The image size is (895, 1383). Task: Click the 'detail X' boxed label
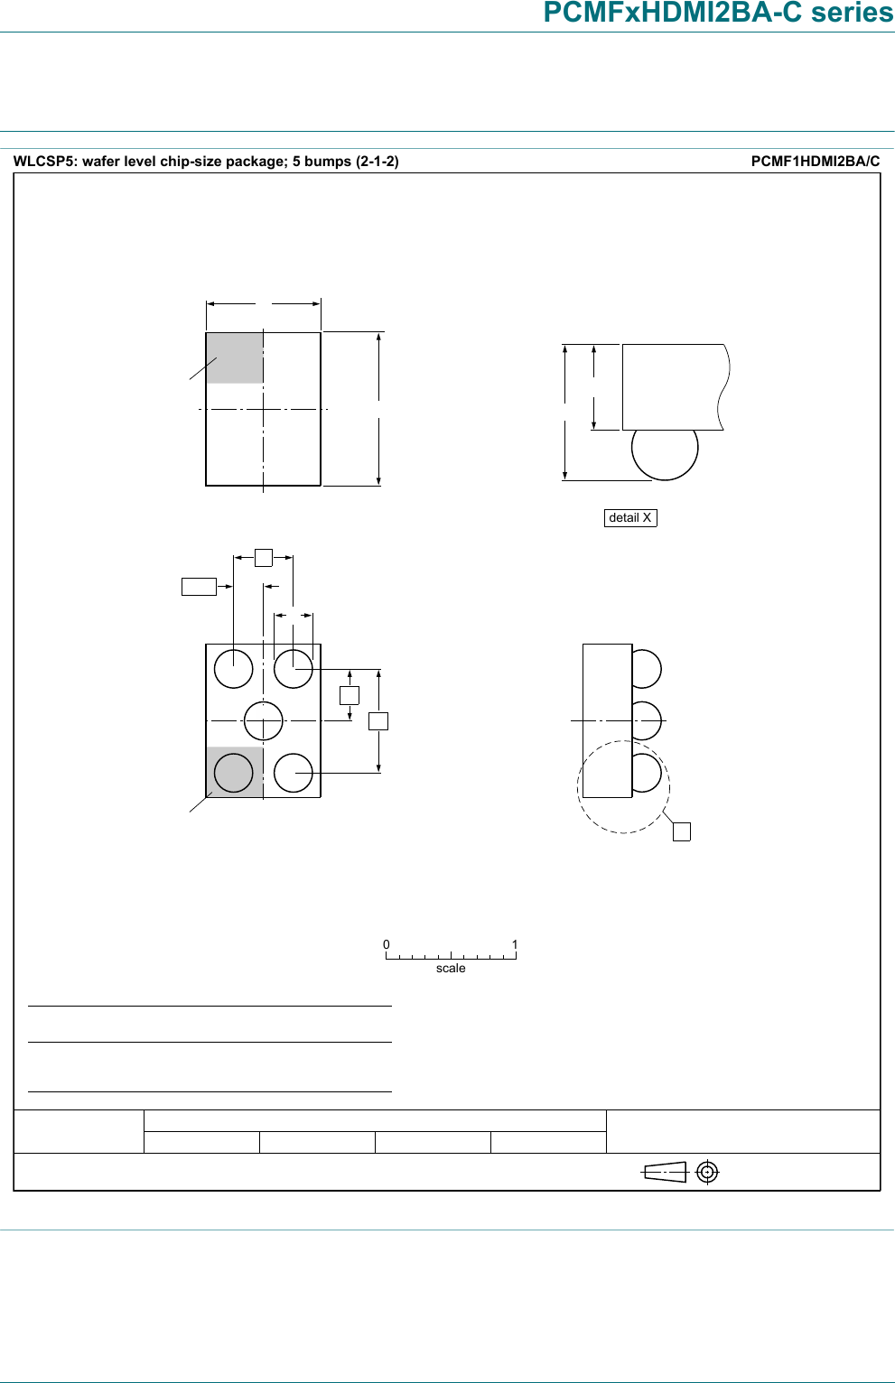(x=630, y=517)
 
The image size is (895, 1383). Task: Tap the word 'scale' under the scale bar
(x=451, y=968)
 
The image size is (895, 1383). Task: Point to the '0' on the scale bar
(x=386, y=944)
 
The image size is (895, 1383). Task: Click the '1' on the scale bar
(x=515, y=944)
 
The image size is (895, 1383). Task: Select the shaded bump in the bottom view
(x=234, y=773)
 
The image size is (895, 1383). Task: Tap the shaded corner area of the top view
(x=234, y=358)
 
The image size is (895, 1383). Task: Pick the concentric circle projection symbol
(x=707, y=1172)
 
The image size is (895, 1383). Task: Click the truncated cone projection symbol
(x=665, y=1172)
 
